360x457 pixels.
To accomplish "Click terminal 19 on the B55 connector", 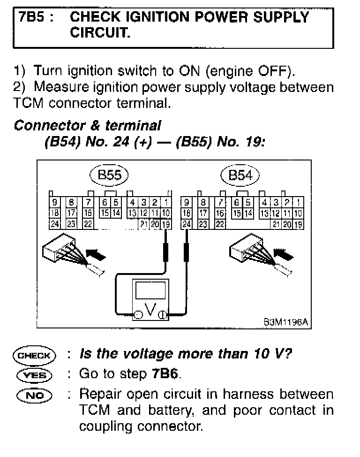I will [166, 224].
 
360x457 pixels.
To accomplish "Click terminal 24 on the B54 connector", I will [187, 224].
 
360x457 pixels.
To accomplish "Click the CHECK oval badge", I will [35, 355].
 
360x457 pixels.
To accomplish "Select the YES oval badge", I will [35, 374].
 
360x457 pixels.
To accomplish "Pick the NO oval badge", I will [35, 394].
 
